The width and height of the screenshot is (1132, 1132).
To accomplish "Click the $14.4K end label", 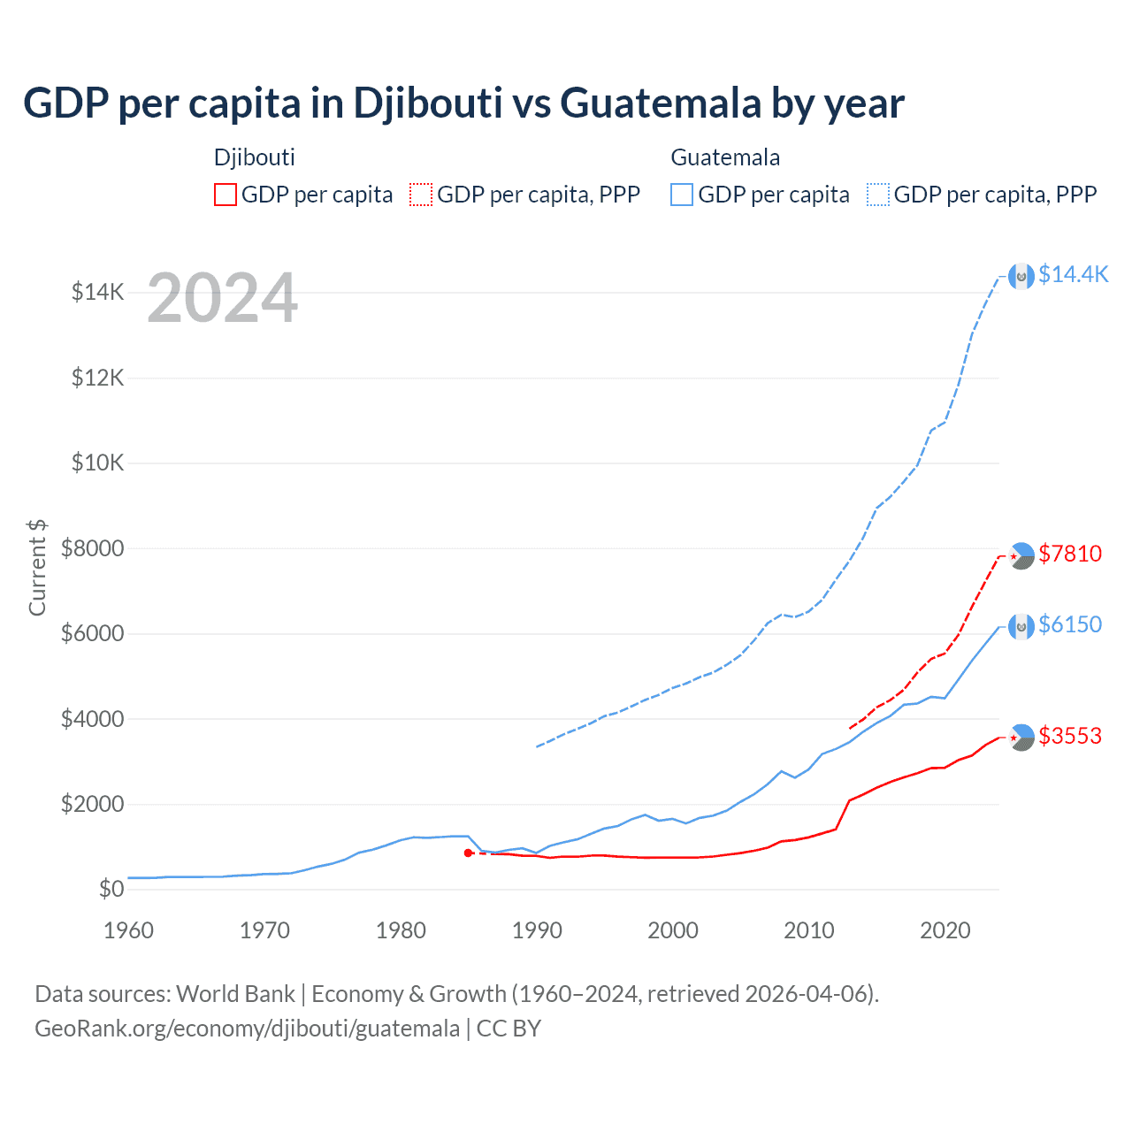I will (1073, 275).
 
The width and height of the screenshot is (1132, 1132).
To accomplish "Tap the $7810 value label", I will (1070, 555).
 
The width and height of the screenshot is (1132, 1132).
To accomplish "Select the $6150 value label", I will (1070, 625).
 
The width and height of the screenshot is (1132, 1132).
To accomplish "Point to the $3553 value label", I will (1070, 737).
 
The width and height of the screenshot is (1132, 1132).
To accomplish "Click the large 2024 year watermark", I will (222, 299).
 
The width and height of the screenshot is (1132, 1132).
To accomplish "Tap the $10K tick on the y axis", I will (97, 463).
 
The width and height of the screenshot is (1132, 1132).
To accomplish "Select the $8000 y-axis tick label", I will (92, 548).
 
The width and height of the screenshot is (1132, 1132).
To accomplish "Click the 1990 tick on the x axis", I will (537, 931).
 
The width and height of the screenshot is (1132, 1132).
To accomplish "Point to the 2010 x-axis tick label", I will (809, 931).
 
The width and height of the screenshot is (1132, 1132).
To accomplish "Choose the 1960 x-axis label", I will (129, 931).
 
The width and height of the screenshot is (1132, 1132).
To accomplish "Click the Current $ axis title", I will (37, 567).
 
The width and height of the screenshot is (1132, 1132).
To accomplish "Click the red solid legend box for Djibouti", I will (226, 195).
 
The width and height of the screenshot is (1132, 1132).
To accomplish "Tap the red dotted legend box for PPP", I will (421, 195).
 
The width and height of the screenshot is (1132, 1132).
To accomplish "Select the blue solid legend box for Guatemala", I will (682, 195).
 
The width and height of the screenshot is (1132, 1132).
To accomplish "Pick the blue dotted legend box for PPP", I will (878, 195).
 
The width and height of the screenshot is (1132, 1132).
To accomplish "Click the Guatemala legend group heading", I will (725, 157).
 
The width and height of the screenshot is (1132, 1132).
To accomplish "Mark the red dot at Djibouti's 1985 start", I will (468, 853).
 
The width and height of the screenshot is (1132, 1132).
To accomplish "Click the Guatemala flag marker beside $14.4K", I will (1021, 276).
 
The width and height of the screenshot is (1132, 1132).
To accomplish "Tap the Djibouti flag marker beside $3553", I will (1021, 737).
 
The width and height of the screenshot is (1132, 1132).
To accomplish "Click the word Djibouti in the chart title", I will (428, 103).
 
